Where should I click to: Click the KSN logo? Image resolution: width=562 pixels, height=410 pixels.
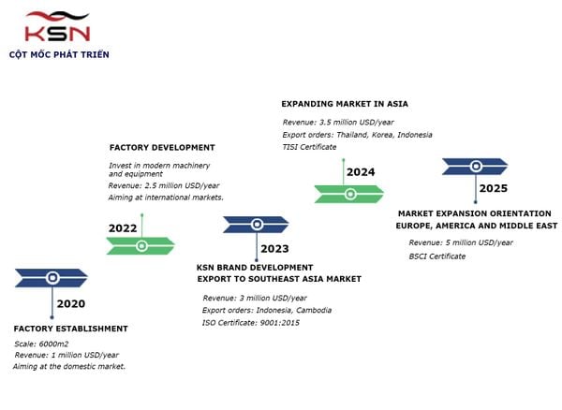pyautogui.click(x=57, y=26)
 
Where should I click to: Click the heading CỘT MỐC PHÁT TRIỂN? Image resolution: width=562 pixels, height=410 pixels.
pyautogui.click(x=59, y=54)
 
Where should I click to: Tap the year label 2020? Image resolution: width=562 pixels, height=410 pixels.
pyautogui.click(x=71, y=303)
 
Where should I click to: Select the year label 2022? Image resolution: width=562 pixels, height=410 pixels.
pyautogui.click(x=123, y=228)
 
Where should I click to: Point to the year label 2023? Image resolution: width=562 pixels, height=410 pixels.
pyautogui.click(x=274, y=248)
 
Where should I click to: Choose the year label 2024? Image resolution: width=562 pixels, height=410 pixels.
pyautogui.click(x=361, y=172)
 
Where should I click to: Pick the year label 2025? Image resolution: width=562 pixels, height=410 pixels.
pyautogui.click(x=494, y=188)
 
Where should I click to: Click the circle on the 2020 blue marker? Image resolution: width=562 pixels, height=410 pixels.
pyautogui.click(x=52, y=278)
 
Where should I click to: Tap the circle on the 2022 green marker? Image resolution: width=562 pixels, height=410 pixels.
pyautogui.click(x=142, y=246)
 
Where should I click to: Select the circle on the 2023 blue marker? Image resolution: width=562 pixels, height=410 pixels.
pyautogui.click(x=257, y=225)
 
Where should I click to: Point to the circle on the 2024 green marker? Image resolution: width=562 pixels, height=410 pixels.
pyautogui.click(x=350, y=194)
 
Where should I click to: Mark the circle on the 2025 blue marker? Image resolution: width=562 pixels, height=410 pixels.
pyautogui.click(x=476, y=166)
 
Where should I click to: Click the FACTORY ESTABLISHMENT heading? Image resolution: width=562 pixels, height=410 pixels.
pyautogui.click(x=71, y=329)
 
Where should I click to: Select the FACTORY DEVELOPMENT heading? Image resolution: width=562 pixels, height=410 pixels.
pyautogui.click(x=162, y=148)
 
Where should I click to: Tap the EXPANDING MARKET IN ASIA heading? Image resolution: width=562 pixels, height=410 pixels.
pyautogui.click(x=345, y=104)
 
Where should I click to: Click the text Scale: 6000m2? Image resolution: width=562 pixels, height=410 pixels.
pyautogui.click(x=41, y=344)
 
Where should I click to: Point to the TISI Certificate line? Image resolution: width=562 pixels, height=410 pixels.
pyautogui.click(x=309, y=147)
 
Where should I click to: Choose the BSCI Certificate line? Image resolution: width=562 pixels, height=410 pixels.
pyautogui.click(x=437, y=256)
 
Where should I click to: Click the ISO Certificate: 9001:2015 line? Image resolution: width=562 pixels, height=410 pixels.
pyautogui.click(x=251, y=323)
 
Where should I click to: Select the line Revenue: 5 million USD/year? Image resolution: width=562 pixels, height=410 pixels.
pyautogui.click(x=461, y=242)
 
